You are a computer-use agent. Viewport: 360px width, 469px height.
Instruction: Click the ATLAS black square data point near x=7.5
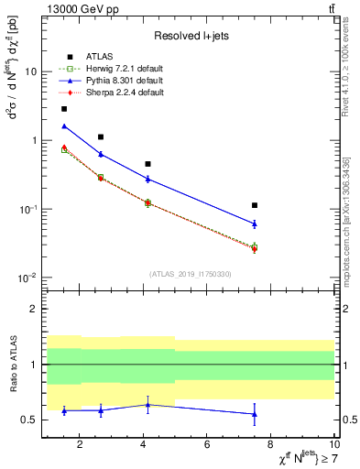click(255, 205)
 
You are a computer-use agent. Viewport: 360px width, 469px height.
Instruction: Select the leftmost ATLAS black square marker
click(64, 108)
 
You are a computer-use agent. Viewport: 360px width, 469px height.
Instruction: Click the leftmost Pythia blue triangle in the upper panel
click(64, 126)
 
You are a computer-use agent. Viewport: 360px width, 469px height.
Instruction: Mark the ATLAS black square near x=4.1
click(148, 164)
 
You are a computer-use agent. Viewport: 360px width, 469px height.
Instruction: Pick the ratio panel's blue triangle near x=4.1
click(148, 404)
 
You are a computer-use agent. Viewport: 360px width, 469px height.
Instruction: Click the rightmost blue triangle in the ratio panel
click(255, 414)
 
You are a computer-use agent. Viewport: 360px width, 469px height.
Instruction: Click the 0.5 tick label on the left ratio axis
click(29, 420)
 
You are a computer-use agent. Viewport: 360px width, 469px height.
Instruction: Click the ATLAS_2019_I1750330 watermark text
click(190, 274)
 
